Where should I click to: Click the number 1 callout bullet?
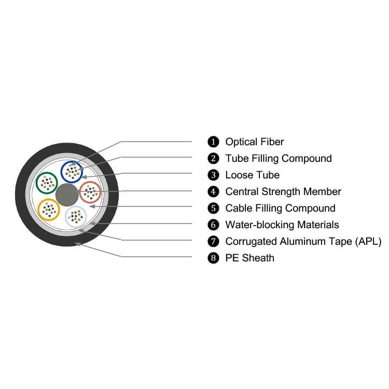click(x=213, y=142)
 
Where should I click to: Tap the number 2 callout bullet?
click(x=213, y=158)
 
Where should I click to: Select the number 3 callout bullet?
click(x=213, y=175)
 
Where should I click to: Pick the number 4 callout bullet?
click(x=213, y=191)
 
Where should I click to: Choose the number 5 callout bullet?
click(x=213, y=208)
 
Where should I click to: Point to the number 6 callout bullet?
click(x=213, y=225)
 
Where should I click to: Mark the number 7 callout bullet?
click(x=213, y=241)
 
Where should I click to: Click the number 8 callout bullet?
click(x=213, y=258)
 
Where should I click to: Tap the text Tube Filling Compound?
click(x=279, y=158)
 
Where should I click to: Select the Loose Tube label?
click(x=252, y=175)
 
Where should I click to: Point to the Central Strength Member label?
click(x=283, y=191)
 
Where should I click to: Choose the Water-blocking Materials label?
click(x=282, y=225)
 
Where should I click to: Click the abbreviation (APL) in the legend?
click(x=368, y=241)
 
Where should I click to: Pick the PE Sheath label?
click(x=249, y=258)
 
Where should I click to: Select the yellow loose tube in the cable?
click(x=49, y=209)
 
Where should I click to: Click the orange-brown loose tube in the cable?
click(x=91, y=193)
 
